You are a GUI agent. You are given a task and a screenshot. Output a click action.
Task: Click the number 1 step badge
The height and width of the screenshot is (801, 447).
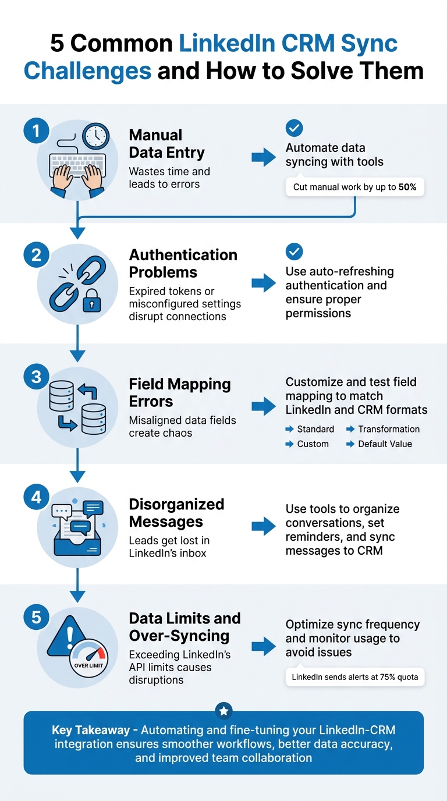pyautogui.click(x=36, y=132)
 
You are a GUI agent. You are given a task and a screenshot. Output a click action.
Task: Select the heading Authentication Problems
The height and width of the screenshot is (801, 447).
pyautogui.click(x=183, y=263)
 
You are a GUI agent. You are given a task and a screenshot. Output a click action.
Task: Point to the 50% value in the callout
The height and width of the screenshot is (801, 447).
pyautogui.click(x=407, y=187)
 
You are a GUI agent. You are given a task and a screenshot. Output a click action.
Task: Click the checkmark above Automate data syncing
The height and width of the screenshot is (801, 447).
pyautogui.click(x=295, y=128)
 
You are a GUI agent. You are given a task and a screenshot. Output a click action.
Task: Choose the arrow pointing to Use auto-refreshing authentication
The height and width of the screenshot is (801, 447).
pyautogui.click(x=264, y=283)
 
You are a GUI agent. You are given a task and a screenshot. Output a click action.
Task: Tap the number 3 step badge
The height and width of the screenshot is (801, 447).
pyautogui.click(x=36, y=377)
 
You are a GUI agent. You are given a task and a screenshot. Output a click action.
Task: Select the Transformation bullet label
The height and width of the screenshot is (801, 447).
pyautogui.click(x=389, y=429)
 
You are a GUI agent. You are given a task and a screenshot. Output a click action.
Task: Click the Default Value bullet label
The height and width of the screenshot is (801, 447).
pyautogui.click(x=385, y=444)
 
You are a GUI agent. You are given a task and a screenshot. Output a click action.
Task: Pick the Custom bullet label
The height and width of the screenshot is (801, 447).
pyautogui.click(x=313, y=444)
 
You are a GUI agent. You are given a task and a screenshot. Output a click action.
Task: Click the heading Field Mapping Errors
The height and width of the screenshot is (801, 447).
pyautogui.click(x=180, y=392)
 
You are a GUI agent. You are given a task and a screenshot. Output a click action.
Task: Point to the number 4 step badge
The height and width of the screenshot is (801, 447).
pyautogui.click(x=36, y=498)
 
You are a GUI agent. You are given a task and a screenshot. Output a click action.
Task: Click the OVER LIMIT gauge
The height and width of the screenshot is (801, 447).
pyautogui.click(x=88, y=657)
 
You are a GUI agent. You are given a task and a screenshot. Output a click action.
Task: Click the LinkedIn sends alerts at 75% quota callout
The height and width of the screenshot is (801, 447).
pyautogui.click(x=354, y=677)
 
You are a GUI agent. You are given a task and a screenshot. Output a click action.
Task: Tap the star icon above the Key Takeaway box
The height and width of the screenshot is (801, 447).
pyautogui.click(x=224, y=711)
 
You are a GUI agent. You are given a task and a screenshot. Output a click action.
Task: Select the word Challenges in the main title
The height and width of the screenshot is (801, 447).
pyautogui.click(x=88, y=71)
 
